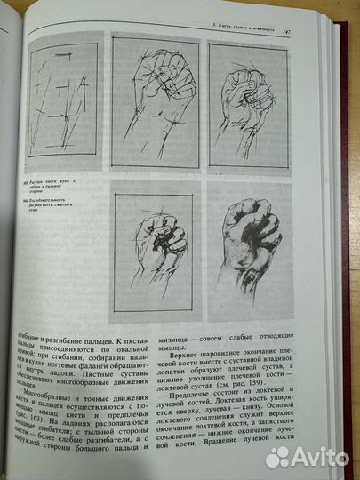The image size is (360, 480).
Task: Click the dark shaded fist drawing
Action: pyautogui.click(x=252, y=248)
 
